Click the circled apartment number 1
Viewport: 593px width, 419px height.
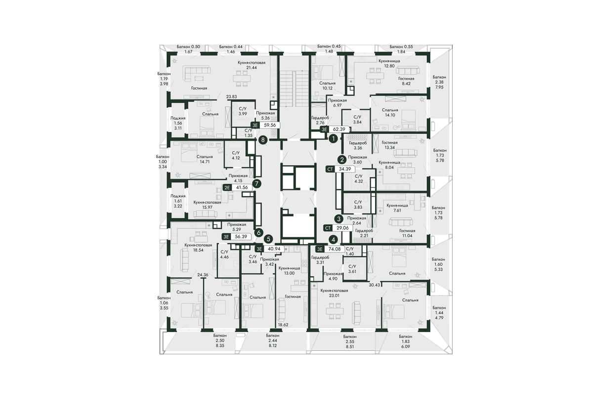(x=333, y=138)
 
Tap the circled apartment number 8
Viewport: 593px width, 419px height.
(x=263, y=139)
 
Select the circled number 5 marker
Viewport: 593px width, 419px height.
(x=269, y=239)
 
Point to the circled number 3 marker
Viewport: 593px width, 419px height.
(x=339, y=219)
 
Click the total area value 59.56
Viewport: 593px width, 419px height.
(x=270, y=125)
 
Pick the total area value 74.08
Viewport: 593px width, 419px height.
(x=335, y=249)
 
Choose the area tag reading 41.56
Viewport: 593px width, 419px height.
(x=242, y=188)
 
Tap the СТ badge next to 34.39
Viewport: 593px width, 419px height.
(x=330, y=169)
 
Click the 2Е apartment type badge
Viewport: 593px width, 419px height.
(x=227, y=188)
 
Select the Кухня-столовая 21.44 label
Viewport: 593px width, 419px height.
(x=251, y=65)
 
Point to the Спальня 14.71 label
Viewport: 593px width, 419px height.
(x=205, y=159)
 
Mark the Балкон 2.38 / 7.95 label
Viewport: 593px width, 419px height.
(x=439, y=82)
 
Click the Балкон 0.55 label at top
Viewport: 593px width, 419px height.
(x=401, y=46)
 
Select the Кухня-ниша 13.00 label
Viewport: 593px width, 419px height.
(x=289, y=271)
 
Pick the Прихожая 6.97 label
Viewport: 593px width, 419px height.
(x=337, y=103)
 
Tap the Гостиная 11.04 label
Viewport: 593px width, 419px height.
(x=407, y=233)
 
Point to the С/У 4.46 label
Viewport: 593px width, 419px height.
(x=224, y=254)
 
